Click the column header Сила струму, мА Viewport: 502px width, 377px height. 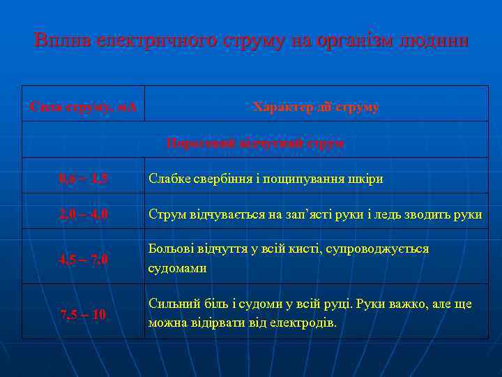click(x=83, y=108)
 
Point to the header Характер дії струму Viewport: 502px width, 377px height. click(x=316, y=108)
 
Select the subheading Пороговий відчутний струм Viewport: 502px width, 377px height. click(x=254, y=143)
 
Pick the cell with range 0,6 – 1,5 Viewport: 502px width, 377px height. click(x=83, y=179)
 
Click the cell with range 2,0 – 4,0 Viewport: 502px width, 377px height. click(x=83, y=214)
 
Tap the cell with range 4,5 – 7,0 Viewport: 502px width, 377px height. click(x=83, y=260)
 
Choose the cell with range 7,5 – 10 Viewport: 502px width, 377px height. click(x=83, y=315)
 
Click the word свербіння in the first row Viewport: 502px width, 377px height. click(x=213, y=179)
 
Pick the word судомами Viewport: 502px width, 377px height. click(x=177, y=268)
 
